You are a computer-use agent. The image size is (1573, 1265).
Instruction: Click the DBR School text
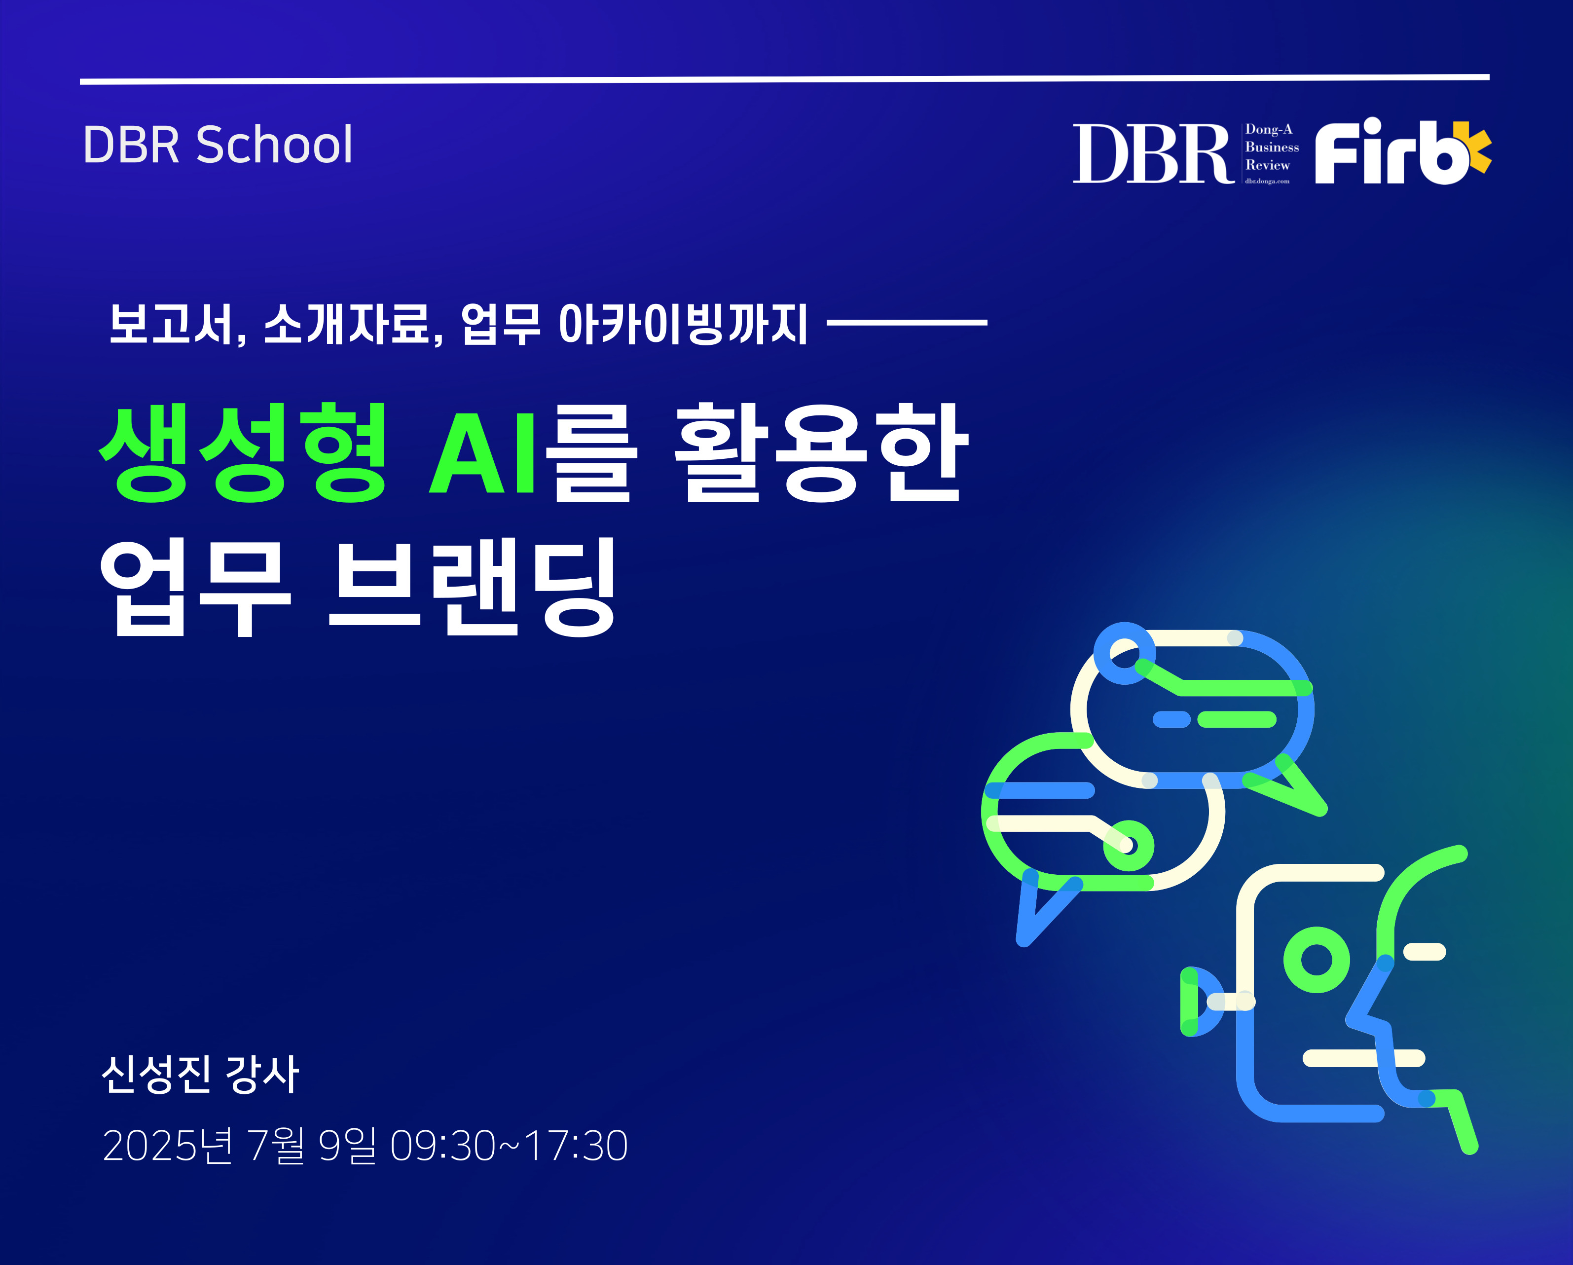coord(218,145)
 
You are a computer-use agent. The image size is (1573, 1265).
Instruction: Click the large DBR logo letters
coord(1152,153)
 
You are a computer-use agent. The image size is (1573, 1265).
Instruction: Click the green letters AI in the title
coord(482,454)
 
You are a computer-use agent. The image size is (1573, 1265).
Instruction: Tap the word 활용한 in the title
coord(821,452)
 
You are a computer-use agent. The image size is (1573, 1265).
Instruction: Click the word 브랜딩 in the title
coord(473,587)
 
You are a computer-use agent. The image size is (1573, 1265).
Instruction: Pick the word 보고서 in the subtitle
coord(172,323)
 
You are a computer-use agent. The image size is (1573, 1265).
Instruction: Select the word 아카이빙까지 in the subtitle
coord(683,323)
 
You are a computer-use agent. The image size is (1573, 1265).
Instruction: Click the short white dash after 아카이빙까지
coord(907,322)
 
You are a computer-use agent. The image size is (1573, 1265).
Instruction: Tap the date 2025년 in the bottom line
coord(168,1145)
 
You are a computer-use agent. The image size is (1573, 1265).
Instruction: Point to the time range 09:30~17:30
coord(509,1145)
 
